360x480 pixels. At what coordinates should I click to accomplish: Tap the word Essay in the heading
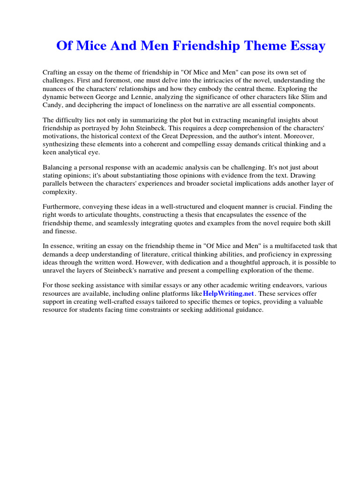tap(306, 46)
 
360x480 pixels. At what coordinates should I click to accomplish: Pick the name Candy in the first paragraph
tap(52, 105)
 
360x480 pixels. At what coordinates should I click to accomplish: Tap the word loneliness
tap(155, 105)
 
